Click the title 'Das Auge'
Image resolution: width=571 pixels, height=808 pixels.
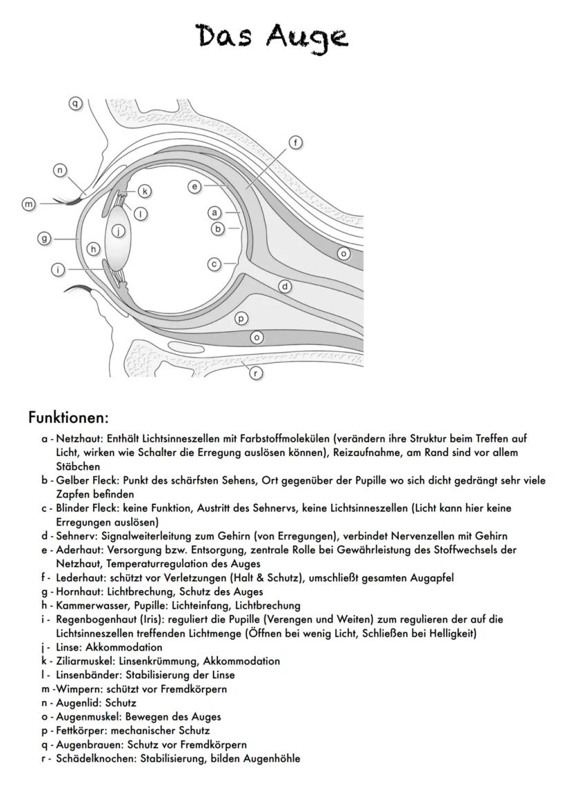click(x=272, y=36)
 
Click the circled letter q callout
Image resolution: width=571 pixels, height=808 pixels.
click(x=76, y=104)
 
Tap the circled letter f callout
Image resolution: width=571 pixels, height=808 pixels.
click(x=295, y=143)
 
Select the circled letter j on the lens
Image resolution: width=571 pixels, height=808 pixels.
click(x=119, y=232)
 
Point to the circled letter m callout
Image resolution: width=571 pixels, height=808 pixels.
click(x=29, y=204)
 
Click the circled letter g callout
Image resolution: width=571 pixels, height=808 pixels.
click(x=45, y=238)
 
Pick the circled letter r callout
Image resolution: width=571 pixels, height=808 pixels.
click(x=256, y=373)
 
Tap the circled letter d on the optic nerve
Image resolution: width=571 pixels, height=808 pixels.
click(x=284, y=286)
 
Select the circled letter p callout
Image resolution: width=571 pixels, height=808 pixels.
click(x=241, y=318)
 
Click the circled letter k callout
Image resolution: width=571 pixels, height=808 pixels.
click(x=144, y=190)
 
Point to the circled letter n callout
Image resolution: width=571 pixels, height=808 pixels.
click(x=61, y=170)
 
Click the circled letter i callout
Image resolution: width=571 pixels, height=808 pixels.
click(x=59, y=270)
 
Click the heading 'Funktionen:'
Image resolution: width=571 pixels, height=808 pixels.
click(x=68, y=417)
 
